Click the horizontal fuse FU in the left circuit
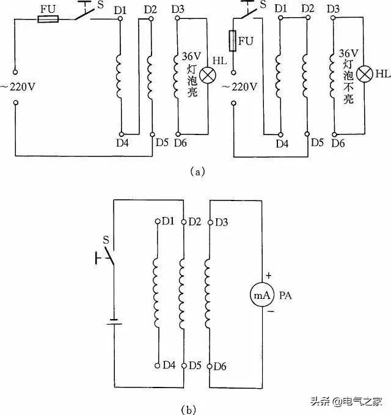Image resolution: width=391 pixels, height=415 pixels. click(x=48, y=20)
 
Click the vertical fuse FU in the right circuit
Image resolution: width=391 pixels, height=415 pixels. click(x=233, y=42)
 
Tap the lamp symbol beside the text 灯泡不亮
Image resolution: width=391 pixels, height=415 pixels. click(x=365, y=75)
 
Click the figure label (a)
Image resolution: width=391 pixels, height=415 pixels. click(x=195, y=172)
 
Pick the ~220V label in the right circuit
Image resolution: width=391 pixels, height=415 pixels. click(x=239, y=87)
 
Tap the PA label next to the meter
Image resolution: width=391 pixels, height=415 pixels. click(x=285, y=295)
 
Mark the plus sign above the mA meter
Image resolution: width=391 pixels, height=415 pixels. click(x=267, y=276)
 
